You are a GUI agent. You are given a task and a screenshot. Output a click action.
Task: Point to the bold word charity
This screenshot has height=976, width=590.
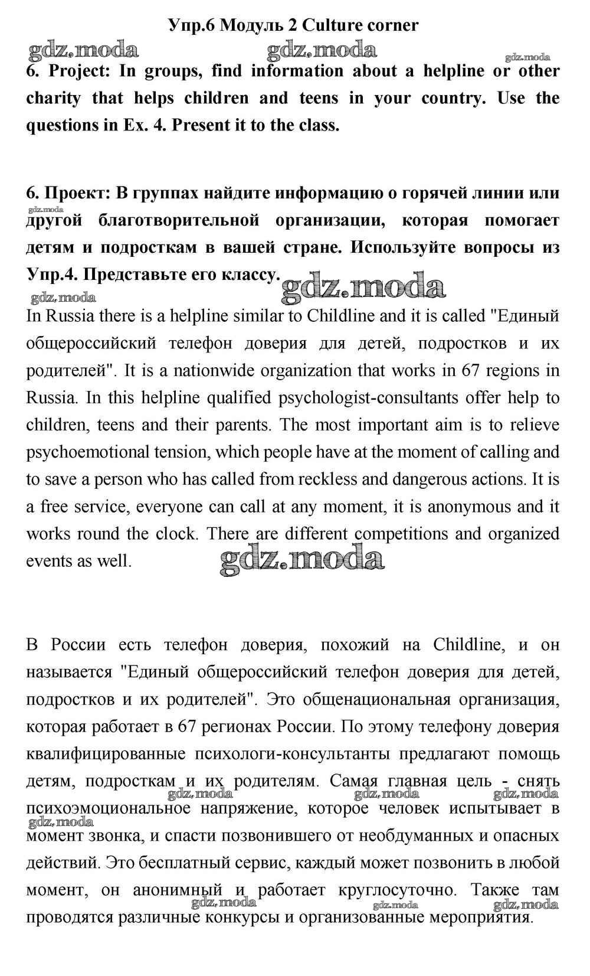(53, 98)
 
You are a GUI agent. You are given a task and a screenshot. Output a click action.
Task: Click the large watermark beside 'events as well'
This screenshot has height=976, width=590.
(301, 559)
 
